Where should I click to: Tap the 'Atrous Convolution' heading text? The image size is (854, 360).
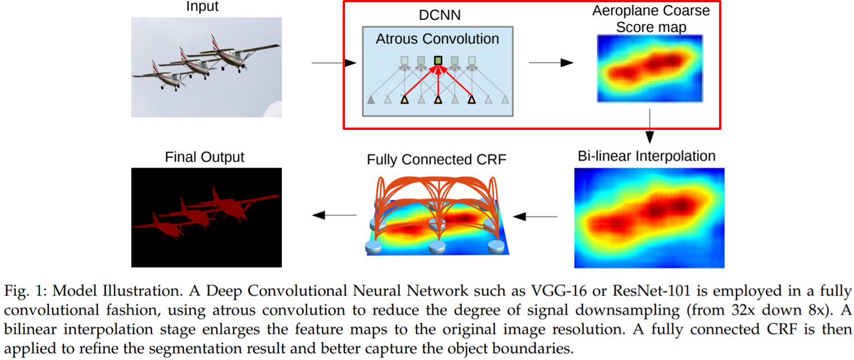437,39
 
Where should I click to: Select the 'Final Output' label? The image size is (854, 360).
205,157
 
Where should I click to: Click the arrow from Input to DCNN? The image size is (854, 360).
334,63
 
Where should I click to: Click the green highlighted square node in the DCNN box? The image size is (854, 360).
438,60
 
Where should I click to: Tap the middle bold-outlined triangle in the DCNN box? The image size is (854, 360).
438,100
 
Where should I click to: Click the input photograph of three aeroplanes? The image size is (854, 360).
206,67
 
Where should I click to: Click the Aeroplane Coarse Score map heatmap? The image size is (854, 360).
649,68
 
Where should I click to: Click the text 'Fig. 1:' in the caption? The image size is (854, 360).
27,291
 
